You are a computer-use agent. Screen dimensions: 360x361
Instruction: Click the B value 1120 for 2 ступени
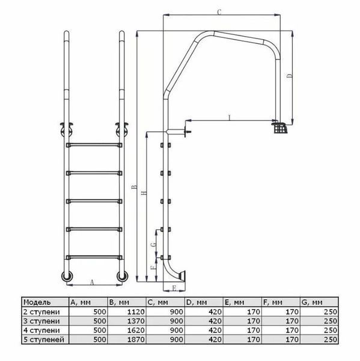point(136,312)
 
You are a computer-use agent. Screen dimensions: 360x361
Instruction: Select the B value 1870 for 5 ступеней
point(136,339)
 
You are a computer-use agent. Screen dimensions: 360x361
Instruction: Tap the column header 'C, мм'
point(158,302)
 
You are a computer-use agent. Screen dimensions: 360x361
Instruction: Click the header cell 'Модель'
point(37,302)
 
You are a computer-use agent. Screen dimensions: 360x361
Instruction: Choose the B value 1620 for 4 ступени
point(136,330)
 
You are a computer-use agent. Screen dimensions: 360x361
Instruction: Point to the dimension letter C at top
point(219,12)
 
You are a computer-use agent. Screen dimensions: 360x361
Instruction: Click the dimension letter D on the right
point(290,76)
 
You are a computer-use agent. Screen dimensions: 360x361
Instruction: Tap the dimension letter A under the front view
point(92,282)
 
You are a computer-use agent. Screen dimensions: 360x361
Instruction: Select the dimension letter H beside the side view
point(144,193)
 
